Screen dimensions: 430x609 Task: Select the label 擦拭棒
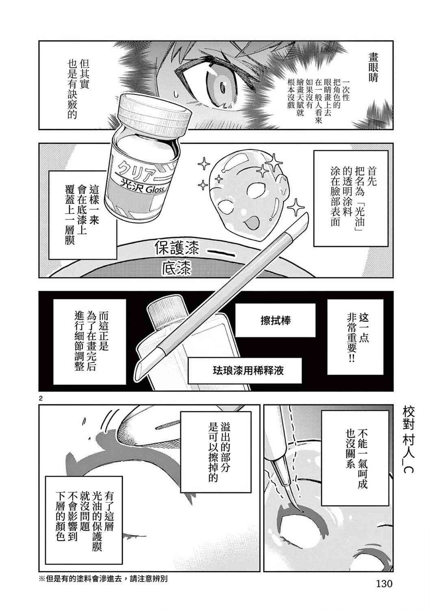pos(275,320)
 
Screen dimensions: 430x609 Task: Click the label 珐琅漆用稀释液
pos(248,371)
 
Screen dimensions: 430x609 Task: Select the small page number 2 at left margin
pos(41,399)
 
